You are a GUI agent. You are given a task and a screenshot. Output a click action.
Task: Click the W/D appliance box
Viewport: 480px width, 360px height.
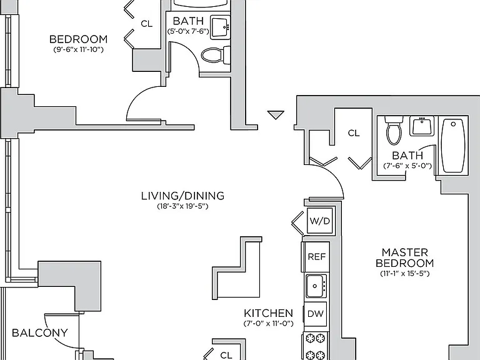coord(319,221)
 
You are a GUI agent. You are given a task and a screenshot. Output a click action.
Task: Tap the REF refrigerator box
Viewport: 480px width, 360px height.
coord(316,256)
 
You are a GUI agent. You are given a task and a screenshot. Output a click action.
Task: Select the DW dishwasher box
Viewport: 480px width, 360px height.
coord(315,314)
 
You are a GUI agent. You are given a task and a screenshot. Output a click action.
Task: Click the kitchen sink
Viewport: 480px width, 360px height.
coord(316,286)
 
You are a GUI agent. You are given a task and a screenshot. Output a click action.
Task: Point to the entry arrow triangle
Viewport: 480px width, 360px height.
coord(276,114)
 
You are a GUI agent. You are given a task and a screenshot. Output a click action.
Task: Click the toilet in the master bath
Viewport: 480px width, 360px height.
coord(394,130)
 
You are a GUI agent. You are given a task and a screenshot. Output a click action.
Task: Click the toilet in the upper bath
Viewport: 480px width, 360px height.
coord(215,55)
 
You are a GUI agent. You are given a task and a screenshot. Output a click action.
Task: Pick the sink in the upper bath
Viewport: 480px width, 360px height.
coord(221,28)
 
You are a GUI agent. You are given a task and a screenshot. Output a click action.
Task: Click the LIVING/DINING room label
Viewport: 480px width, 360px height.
coord(182,196)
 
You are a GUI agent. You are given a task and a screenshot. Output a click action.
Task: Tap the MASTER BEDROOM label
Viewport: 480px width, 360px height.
coord(405,257)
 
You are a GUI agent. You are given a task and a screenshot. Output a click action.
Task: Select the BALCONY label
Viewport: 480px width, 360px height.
coord(40,332)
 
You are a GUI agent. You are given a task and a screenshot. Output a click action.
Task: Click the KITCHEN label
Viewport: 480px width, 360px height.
coord(269,313)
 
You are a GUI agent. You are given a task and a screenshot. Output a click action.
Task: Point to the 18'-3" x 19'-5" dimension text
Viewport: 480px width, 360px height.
coord(182,206)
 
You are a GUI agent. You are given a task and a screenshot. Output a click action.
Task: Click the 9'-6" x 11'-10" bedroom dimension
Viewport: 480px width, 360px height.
coord(79,49)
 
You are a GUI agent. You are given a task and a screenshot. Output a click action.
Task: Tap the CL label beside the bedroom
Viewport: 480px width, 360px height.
coord(147,24)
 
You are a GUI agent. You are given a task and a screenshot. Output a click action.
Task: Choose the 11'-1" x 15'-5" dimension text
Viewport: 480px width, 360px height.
coord(405,273)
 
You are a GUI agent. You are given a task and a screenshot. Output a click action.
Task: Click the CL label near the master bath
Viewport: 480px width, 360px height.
coord(354,133)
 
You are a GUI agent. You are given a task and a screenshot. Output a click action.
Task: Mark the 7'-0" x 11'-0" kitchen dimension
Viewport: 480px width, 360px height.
coord(269,323)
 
